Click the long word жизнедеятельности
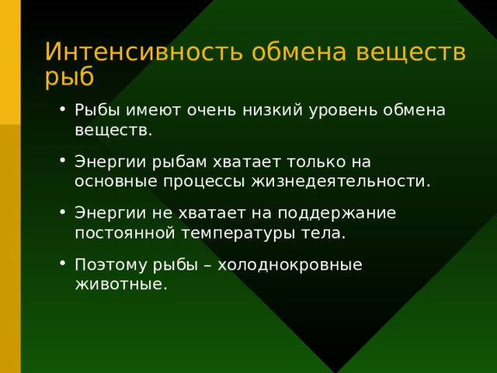coord(340,181)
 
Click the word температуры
coord(231,232)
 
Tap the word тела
coord(321,232)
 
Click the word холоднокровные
coord(290,264)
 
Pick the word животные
coord(120,284)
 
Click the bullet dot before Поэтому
coord(62,264)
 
